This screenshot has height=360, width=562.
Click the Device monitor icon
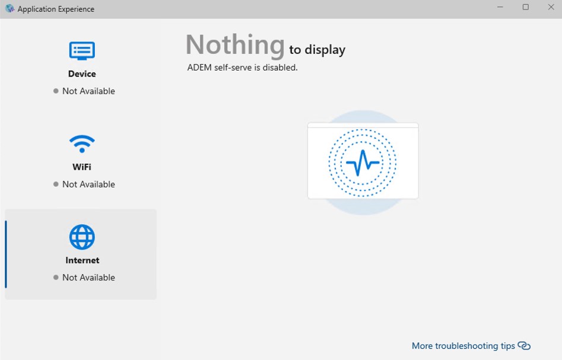coord(82,51)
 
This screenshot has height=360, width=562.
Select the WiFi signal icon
coord(82,144)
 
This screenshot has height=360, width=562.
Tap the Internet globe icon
coord(82,237)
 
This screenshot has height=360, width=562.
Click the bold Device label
coord(82,74)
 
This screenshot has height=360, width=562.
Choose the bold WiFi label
coord(82,167)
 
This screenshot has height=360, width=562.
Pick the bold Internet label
coord(82,260)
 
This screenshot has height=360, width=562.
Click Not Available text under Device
coord(88,91)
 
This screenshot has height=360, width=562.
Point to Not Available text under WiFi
coord(88,184)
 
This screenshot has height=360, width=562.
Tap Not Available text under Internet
coord(88,277)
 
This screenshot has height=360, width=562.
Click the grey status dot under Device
coord(56,91)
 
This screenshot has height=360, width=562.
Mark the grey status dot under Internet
coord(56,277)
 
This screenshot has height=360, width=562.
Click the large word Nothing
coord(235,45)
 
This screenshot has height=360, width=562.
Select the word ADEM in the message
coord(199,68)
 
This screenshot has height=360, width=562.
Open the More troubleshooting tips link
coord(463,346)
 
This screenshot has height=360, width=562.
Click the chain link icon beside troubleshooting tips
coord(524,346)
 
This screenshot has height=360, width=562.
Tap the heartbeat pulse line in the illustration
coord(363,163)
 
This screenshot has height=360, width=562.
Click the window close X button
coord(551,7)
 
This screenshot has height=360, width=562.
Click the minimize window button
coord(500,7)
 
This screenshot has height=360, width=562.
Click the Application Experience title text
coord(56,9)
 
